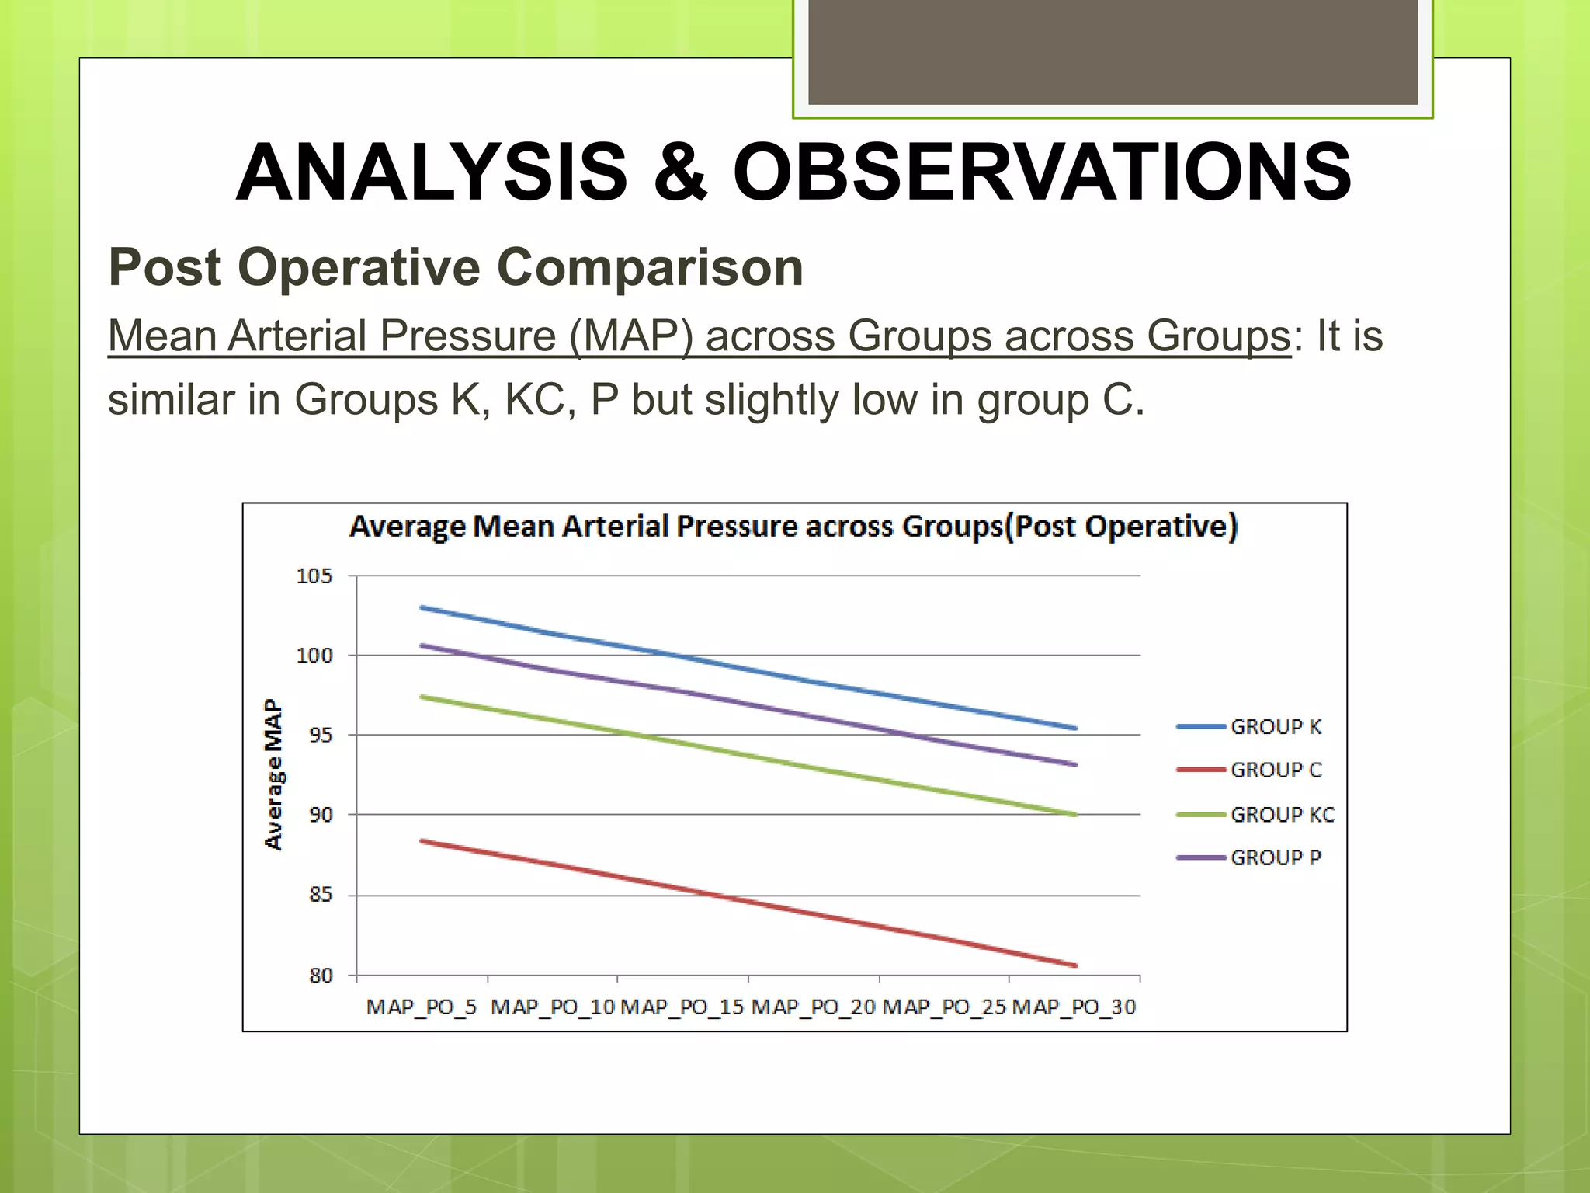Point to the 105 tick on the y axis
(x=314, y=576)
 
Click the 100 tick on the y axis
(x=314, y=656)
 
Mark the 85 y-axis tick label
(x=320, y=895)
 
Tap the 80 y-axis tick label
(x=320, y=976)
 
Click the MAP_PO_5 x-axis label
(x=421, y=1007)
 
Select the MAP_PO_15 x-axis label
(x=682, y=1007)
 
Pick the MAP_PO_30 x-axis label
(x=1074, y=1007)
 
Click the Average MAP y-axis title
(x=273, y=774)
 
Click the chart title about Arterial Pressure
(x=793, y=527)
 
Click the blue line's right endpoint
(x=1075, y=729)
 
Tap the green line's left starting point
(x=422, y=697)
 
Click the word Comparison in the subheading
(x=649, y=267)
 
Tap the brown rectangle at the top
(x=1113, y=51)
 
